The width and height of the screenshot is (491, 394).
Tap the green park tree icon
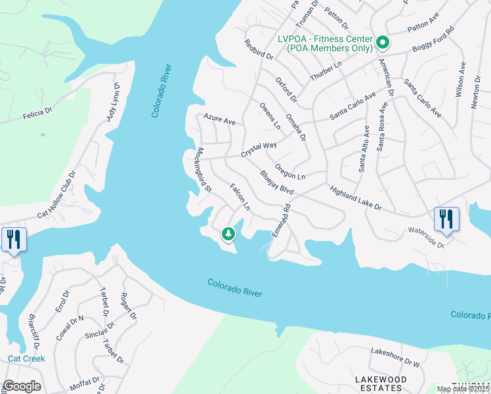coord(228,234)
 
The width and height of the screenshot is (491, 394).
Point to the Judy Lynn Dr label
coord(114,102)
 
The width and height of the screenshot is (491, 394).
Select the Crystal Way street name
coord(259,150)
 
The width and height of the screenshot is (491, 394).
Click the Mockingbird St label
coord(202,169)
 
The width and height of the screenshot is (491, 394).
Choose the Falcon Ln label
coord(240,196)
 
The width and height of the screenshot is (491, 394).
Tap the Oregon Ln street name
coord(291,172)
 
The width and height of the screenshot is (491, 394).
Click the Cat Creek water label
coord(26,359)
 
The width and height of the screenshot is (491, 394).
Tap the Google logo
coord(22,386)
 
